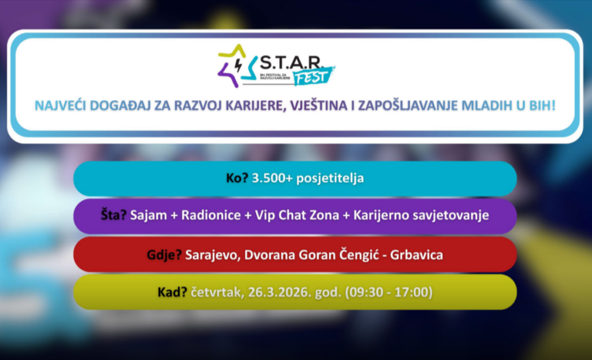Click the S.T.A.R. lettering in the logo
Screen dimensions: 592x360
(x=290, y=63)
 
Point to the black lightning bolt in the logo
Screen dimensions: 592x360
(x=238, y=65)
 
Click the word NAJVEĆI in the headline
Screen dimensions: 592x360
(x=60, y=106)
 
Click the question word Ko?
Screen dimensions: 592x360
(x=237, y=178)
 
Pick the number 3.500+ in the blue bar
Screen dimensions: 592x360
(x=272, y=178)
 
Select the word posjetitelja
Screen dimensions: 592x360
(x=330, y=179)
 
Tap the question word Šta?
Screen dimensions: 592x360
(x=114, y=215)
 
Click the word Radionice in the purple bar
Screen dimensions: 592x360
(x=211, y=215)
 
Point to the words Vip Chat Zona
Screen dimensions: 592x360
(x=297, y=215)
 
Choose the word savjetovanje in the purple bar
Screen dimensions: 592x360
(x=451, y=216)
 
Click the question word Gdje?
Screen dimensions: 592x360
(x=164, y=255)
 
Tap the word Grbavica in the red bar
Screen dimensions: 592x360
(x=416, y=255)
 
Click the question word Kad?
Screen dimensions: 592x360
(x=172, y=292)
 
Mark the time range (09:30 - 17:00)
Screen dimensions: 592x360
(x=389, y=292)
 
